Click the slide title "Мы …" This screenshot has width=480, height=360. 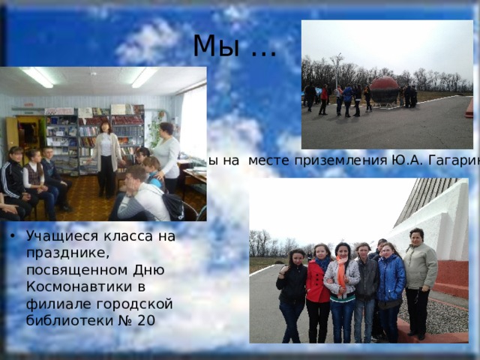point(234,46)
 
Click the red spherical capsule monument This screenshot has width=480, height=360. point(386,90)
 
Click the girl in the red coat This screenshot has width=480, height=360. point(318,289)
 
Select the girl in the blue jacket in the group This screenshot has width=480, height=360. point(390,289)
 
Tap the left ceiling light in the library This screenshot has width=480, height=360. point(37,76)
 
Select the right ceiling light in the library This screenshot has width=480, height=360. point(142,76)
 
